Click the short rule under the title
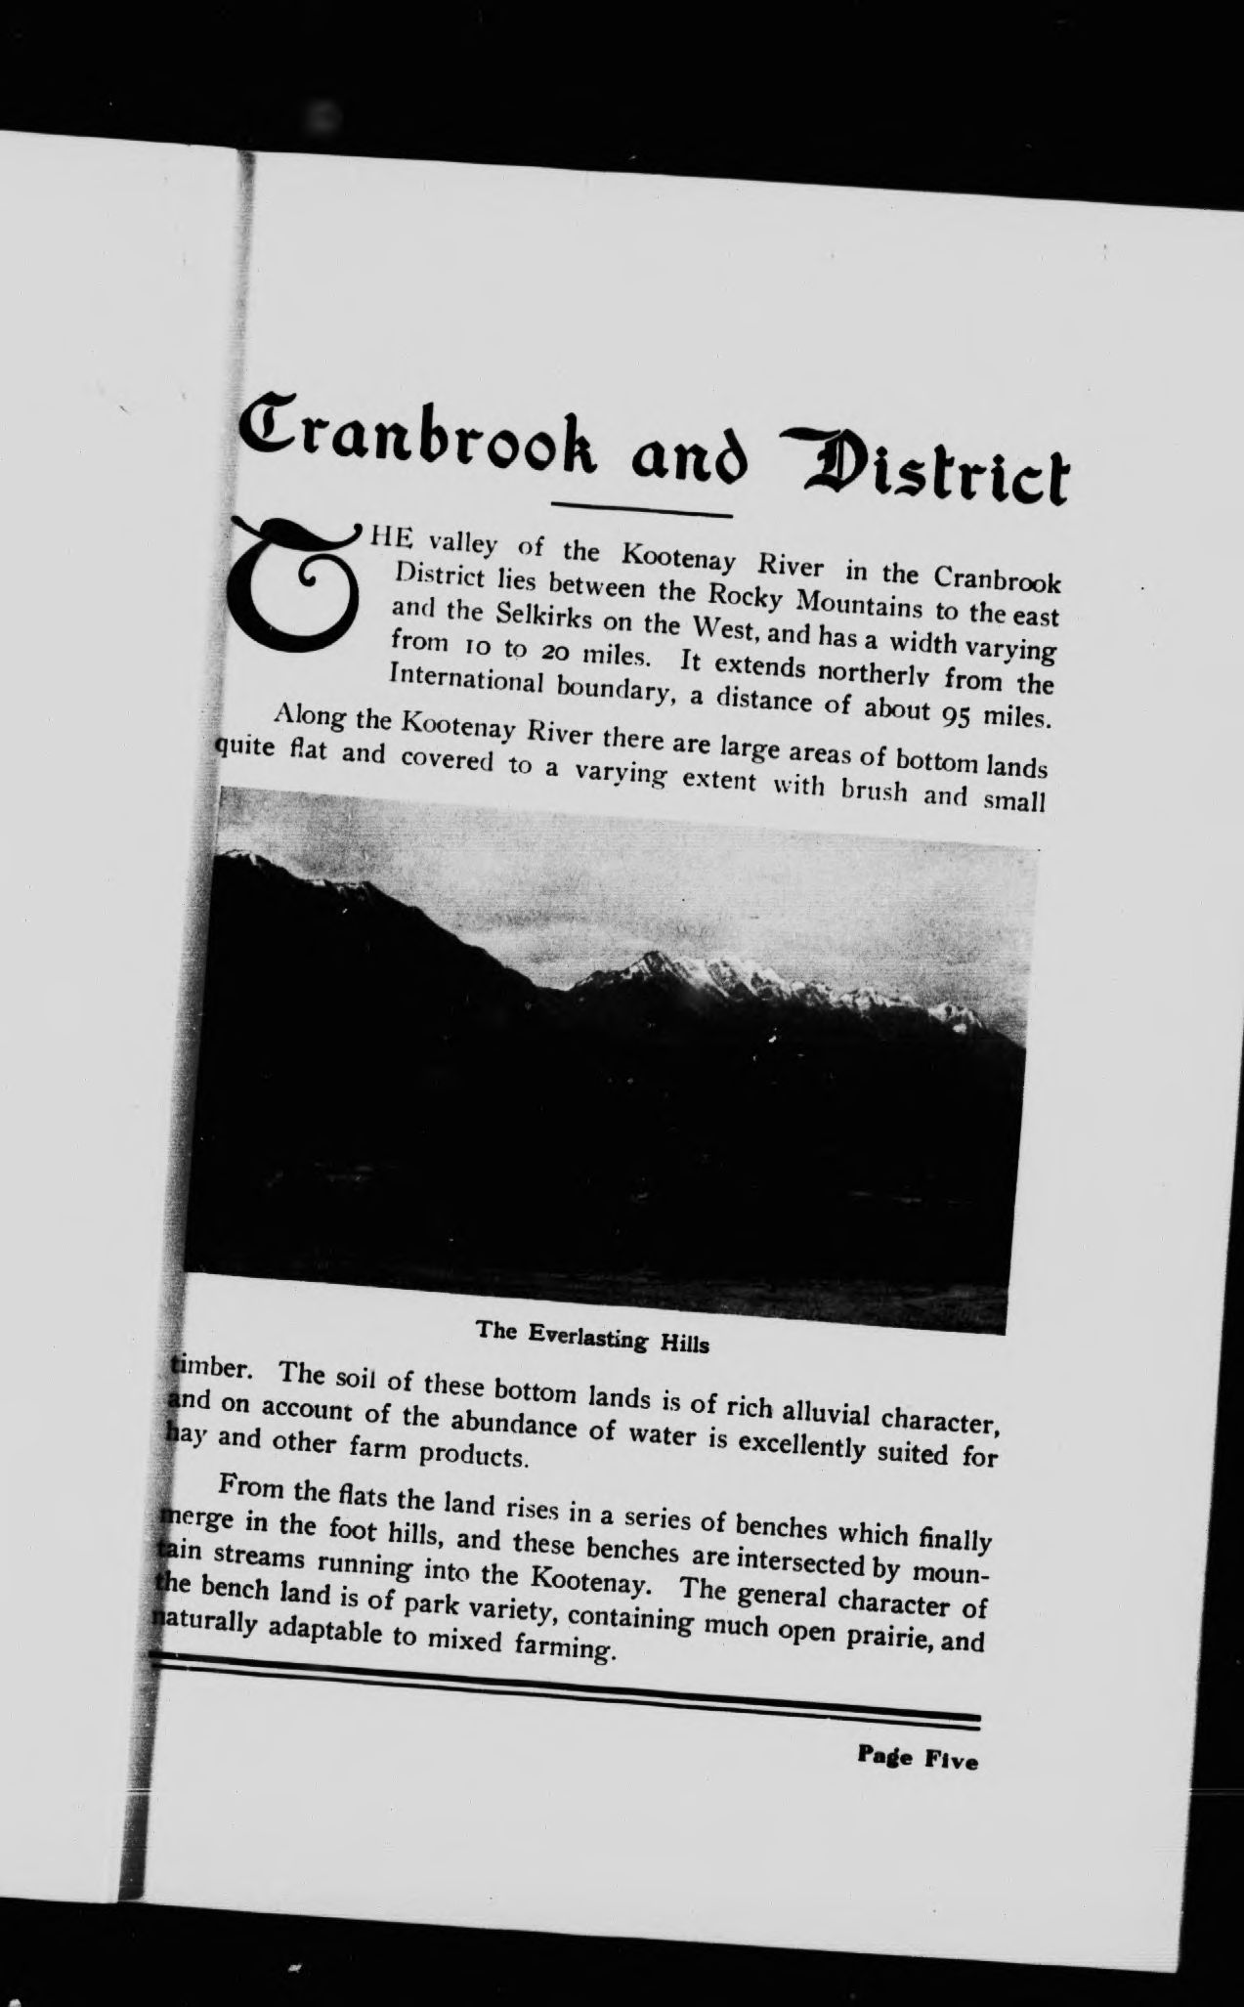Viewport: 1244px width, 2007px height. coord(642,509)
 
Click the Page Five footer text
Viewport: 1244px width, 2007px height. coord(917,1760)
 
